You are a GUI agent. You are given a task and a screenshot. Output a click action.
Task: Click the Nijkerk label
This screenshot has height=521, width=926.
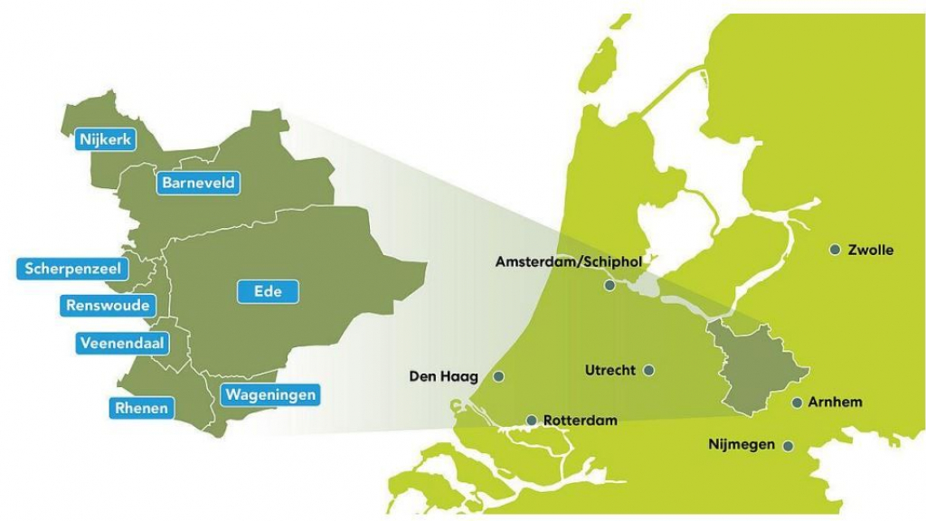[x=106, y=140]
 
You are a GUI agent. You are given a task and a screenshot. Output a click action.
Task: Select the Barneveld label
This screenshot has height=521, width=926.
[x=199, y=183]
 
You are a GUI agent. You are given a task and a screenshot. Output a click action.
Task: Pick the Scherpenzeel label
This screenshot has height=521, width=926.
[x=71, y=269]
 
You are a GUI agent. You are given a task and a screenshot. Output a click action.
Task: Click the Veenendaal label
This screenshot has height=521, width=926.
[x=120, y=344]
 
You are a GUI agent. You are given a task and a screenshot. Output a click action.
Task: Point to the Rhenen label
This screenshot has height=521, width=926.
[x=141, y=408]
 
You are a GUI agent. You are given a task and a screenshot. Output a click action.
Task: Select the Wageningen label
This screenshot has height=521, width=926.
[x=270, y=395]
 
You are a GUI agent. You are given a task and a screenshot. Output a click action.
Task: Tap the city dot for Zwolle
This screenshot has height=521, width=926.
[x=835, y=250]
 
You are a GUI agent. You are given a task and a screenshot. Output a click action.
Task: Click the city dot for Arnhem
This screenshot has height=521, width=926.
[x=797, y=403]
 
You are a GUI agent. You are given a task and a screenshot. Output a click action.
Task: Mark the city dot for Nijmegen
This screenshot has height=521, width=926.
[x=789, y=445]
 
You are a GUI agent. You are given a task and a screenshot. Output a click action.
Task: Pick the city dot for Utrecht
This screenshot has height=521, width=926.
[x=648, y=370]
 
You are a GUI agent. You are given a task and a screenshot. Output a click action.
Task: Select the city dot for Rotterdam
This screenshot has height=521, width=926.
[x=532, y=420]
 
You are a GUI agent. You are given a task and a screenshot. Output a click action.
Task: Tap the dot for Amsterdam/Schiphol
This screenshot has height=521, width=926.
[x=609, y=285]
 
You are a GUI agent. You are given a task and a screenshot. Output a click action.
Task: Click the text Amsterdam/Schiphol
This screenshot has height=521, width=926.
[x=568, y=262]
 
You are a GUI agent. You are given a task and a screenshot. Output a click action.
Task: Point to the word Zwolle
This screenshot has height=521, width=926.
[x=871, y=250]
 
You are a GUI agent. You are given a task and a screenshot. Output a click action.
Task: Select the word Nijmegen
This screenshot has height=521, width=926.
[x=742, y=445]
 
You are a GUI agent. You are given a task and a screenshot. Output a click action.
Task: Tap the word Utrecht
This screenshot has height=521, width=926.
[x=610, y=370]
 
